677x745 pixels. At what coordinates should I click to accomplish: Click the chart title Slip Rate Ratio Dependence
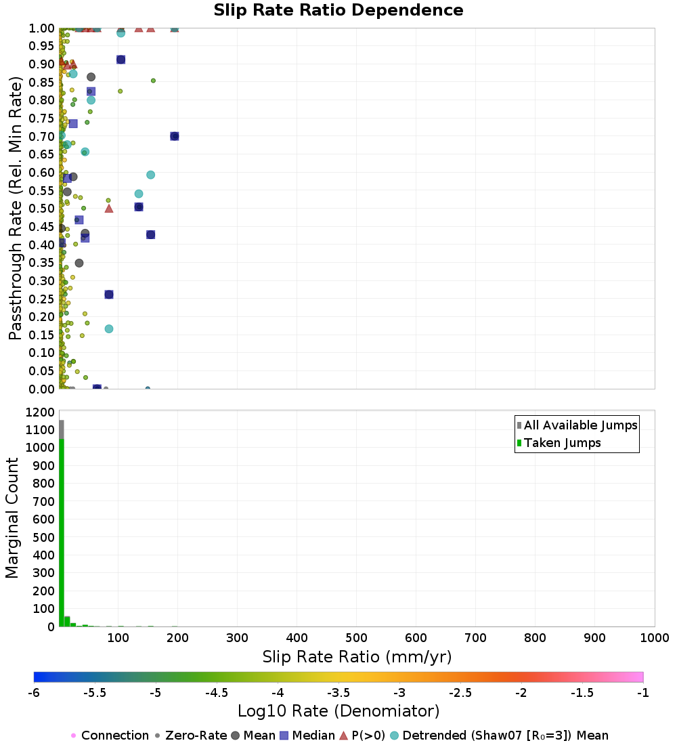point(338,10)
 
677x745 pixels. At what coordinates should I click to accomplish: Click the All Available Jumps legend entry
point(577,425)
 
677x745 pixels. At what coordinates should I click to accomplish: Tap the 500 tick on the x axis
point(356,637)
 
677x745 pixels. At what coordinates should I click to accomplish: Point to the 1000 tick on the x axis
point(654,637)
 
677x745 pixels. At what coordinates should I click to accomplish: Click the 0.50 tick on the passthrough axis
point(41,209)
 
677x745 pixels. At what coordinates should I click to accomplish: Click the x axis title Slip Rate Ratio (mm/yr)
point(357,657)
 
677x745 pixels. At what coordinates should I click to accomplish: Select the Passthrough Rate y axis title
point(15,208)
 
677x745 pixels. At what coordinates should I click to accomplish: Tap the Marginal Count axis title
point(12,518)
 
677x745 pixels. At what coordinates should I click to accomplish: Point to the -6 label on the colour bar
point(34,693)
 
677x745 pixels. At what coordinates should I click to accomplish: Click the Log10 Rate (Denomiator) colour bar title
point(338,710)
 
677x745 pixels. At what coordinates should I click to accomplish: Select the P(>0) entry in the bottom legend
point(362,736)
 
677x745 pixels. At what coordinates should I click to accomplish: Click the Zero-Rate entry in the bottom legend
point(192,736)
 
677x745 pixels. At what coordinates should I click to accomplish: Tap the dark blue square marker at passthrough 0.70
point(175,136)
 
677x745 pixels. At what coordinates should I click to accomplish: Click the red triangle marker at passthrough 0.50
point(109,208)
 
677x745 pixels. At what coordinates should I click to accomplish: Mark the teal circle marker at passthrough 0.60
point(150,175)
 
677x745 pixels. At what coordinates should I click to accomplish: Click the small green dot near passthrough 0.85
point(153,81)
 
